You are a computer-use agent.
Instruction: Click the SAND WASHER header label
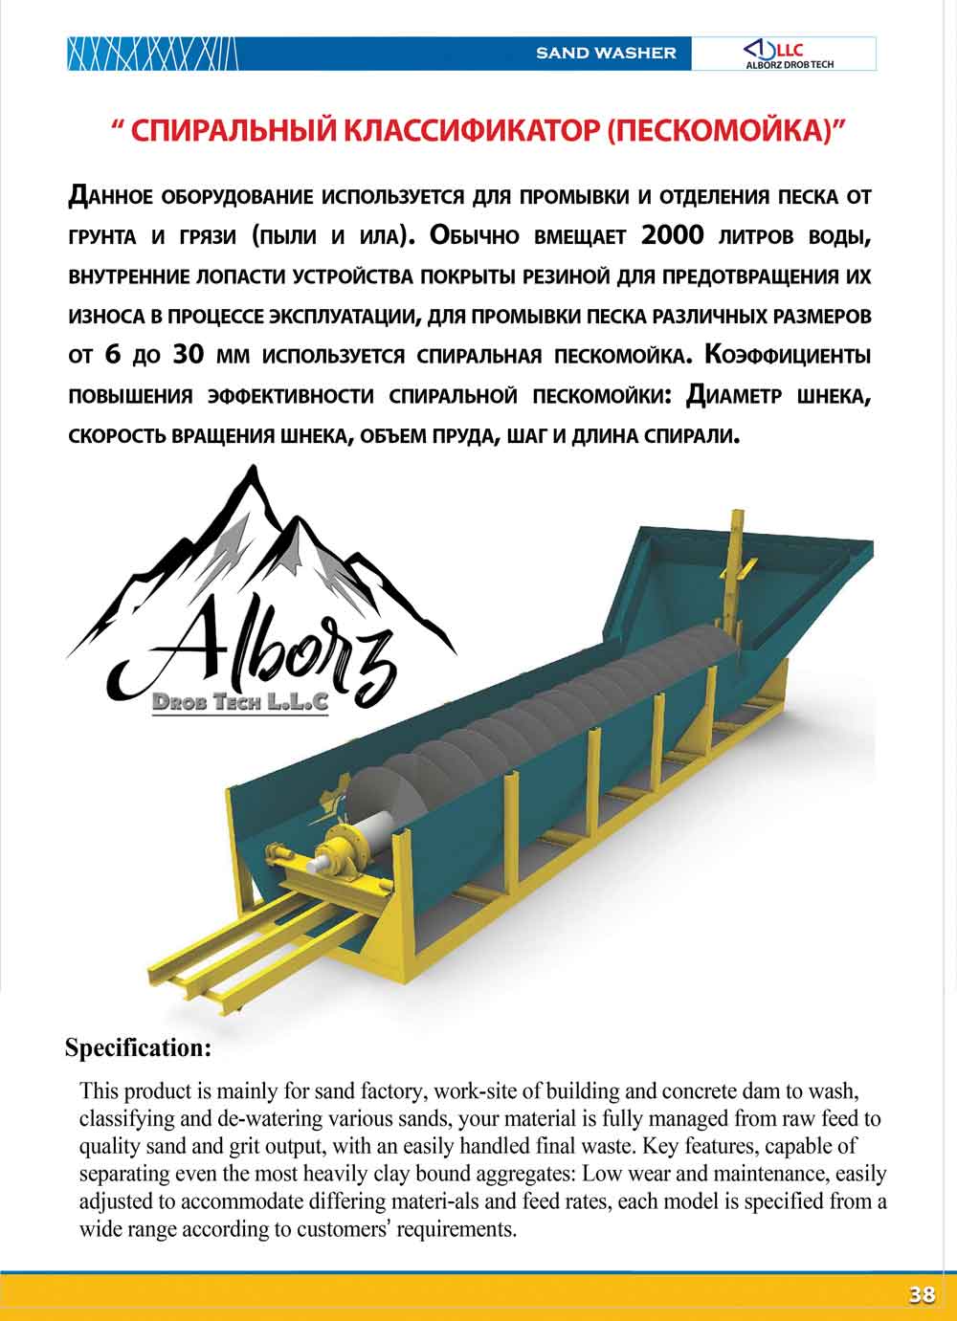pos(606,54)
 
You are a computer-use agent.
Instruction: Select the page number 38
pos(922,1295)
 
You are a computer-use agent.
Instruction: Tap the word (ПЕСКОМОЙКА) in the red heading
pos(720,130)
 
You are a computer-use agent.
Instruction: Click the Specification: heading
pos(138,1047)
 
